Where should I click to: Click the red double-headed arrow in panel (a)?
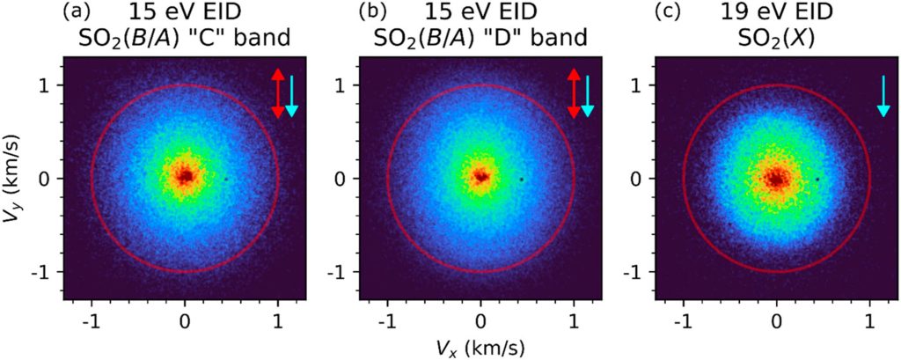pos(277,93)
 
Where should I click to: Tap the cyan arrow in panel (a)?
pos(291,95)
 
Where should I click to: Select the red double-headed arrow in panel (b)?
pos(574,93)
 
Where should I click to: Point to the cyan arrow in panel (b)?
pos(587,95)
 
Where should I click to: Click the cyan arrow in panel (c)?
pos(883,95)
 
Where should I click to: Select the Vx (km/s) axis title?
pos(480,347)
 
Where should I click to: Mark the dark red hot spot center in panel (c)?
pos(776,180)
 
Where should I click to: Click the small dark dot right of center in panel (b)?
pos(521,180)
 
